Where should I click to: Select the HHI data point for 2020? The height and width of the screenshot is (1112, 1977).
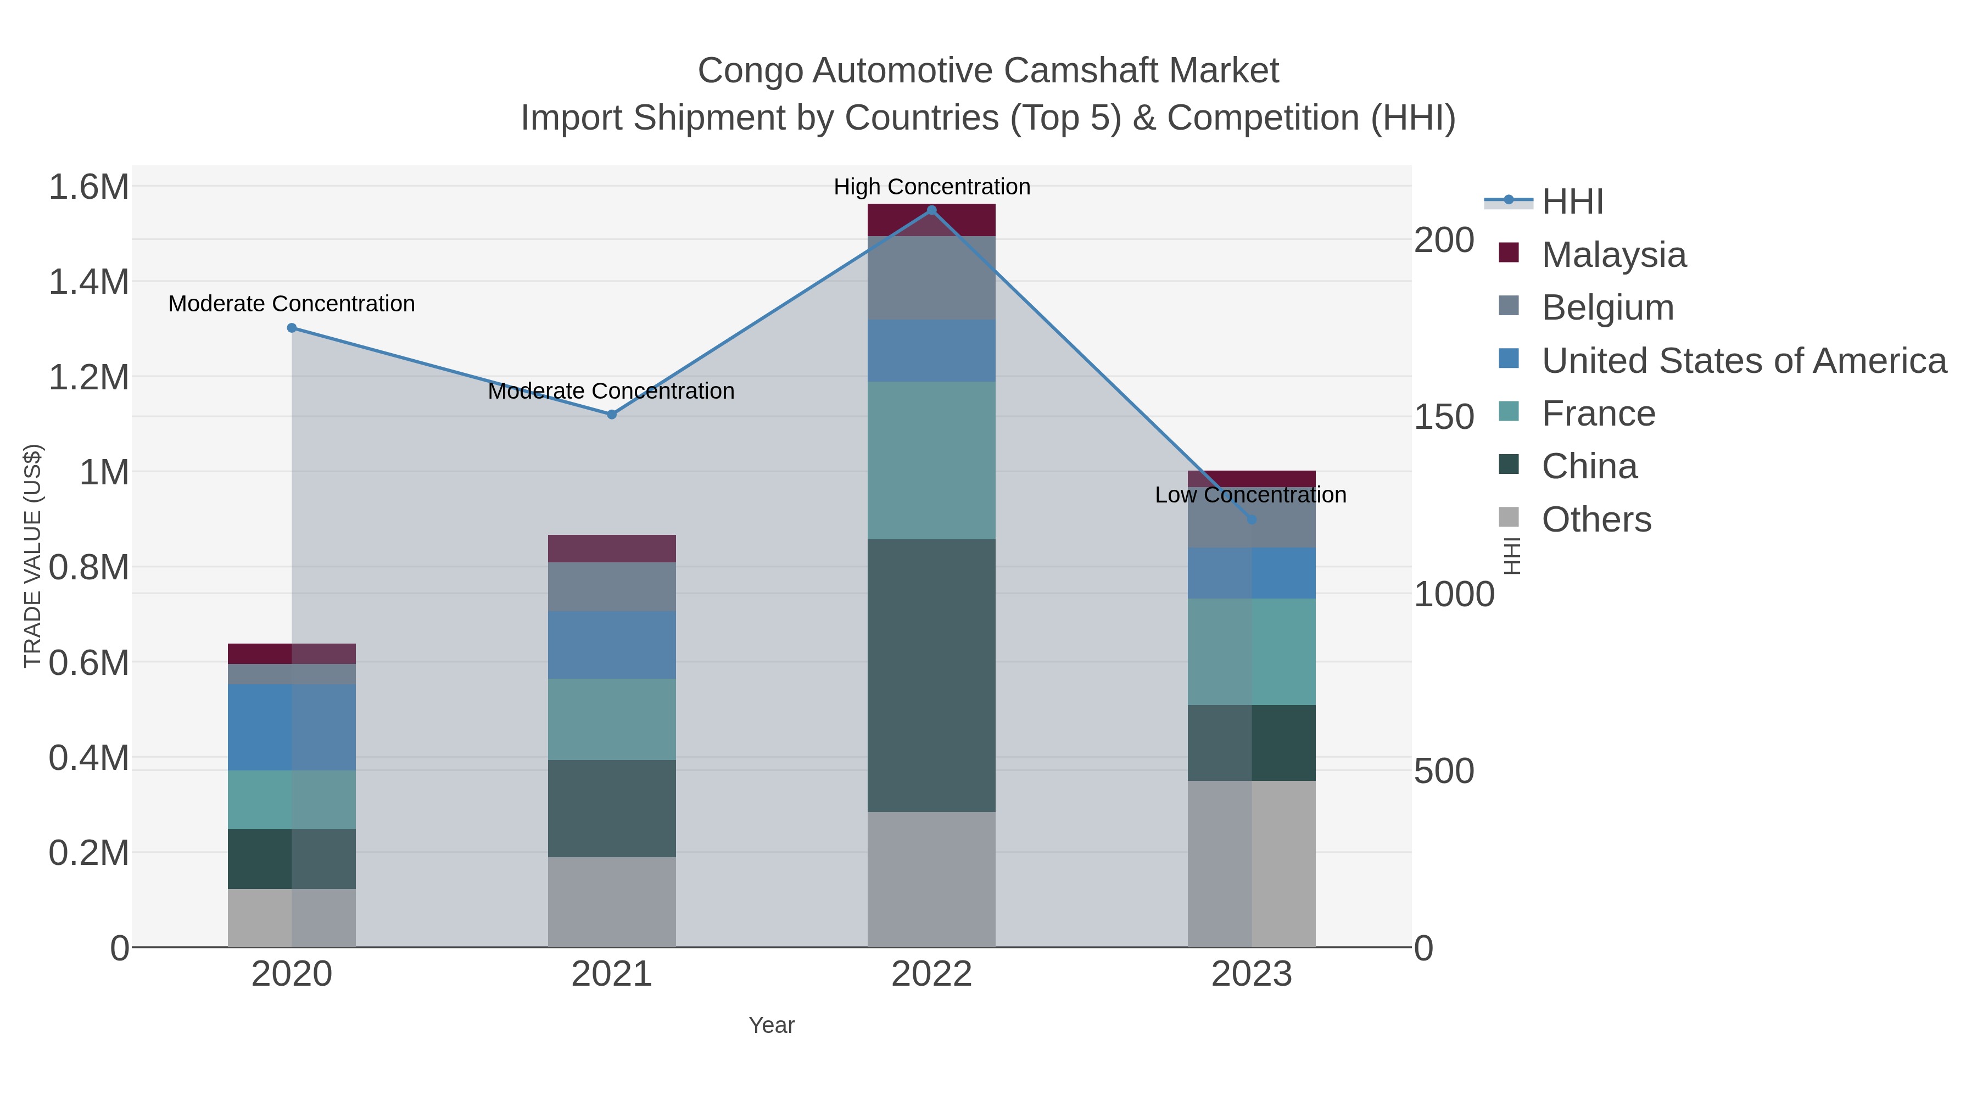click(292, 328)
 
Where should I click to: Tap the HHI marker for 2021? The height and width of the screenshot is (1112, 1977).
click(612, 415)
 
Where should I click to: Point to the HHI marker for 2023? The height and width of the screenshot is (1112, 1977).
click(1251, 519)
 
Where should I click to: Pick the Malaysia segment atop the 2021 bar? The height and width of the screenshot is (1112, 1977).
click(612, 549)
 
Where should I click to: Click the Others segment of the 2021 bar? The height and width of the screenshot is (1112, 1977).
click(612, 902)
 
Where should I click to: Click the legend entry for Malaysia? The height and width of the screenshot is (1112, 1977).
click(1613, 255)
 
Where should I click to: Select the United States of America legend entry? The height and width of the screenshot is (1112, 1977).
click(1744, 361)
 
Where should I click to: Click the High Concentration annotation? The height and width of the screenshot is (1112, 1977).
click(932, 187)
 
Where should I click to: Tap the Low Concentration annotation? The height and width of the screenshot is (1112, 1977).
click(1250, 495)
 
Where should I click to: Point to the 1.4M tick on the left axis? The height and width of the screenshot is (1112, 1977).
click(88, 282)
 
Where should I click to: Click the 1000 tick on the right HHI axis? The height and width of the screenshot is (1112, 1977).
click(1454, 594)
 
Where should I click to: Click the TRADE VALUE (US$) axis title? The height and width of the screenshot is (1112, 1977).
click(33, 556)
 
